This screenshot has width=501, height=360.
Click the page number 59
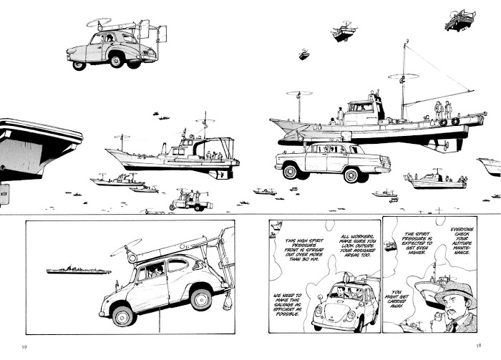click(x=24, y=347)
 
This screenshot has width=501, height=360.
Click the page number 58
click(x=478, y=345)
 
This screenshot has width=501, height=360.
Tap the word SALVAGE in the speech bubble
click(x=287, y=305)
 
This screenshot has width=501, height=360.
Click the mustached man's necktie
click(x=454, y=327)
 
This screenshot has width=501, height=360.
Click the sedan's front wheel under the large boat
click(x=290, y=171)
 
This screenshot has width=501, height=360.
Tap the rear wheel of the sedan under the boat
click(x=351, y=175)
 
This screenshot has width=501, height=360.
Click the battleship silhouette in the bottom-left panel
click(x=79, y=271)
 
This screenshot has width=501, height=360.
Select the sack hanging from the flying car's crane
click(x=228, y=302)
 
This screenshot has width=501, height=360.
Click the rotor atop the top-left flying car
click(x=99, y=22)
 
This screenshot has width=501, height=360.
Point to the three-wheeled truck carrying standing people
click(x=191, y=200)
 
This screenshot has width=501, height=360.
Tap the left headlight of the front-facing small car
click(x=318, y=310)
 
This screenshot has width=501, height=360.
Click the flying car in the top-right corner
click(x=459, y=21)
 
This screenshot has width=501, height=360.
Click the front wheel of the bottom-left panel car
click(x=122, y=316)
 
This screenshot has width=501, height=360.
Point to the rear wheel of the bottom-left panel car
click(x=201, y=299)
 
